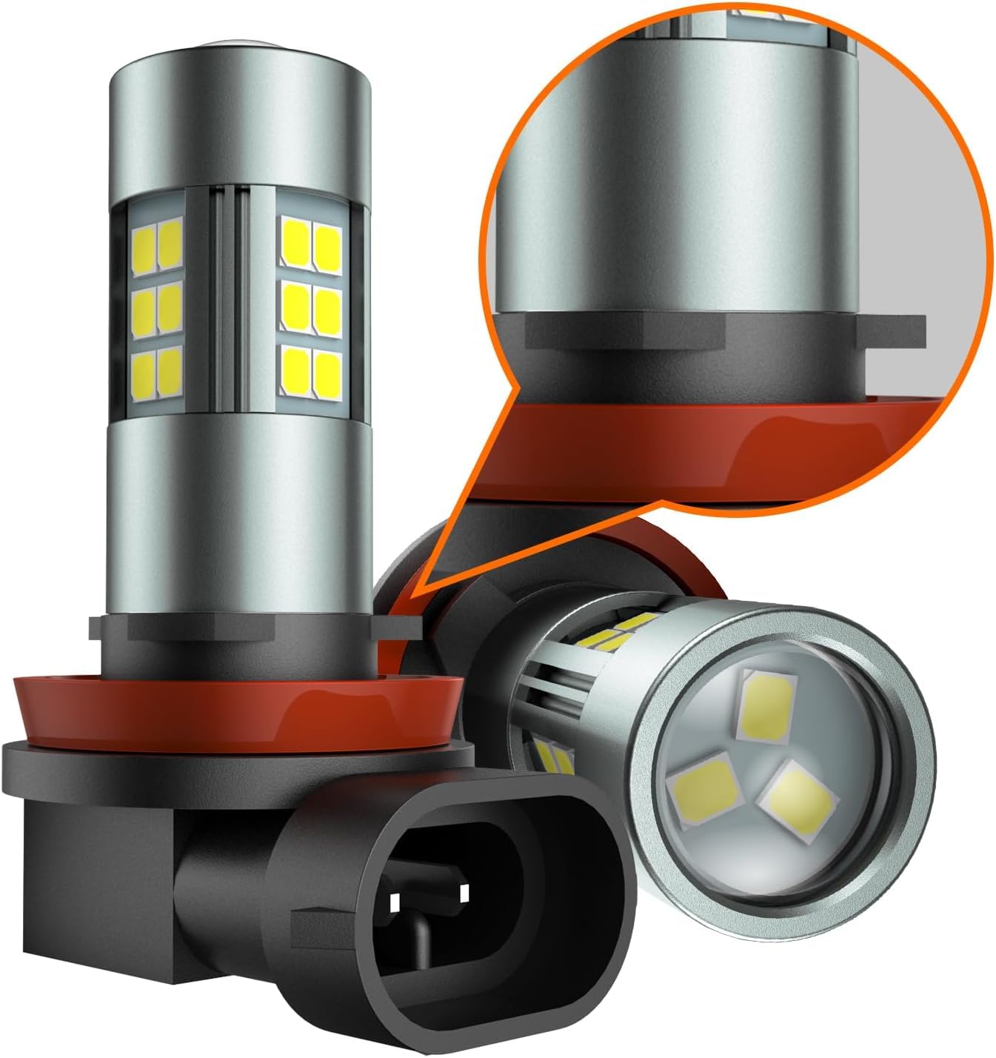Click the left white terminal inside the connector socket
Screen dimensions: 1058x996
pos(395,901)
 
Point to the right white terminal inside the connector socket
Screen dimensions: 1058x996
pos(464,892)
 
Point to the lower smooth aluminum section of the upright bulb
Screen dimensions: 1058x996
pos(237,519)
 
